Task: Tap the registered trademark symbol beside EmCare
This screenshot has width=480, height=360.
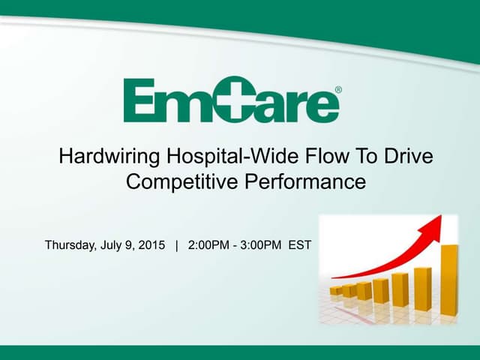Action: (x=337, y=90)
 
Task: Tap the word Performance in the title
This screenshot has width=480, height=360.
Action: (x=313, y=181)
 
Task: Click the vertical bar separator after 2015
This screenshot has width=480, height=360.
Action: (x=177, y=245)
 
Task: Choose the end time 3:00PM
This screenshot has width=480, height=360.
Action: (x=260, y=245)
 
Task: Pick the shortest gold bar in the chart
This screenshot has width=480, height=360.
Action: (x=336, y=290)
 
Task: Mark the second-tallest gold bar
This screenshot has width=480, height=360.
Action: (x=422, y=288)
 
